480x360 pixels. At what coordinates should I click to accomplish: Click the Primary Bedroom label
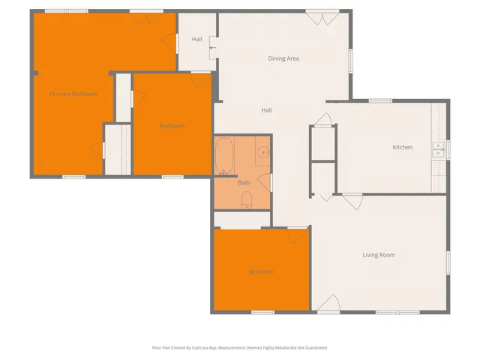pos(73,94)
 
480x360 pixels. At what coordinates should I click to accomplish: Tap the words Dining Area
pos(283,58)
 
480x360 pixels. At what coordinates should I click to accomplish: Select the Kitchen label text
pos(402,147)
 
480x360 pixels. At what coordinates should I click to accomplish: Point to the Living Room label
pos(378,255)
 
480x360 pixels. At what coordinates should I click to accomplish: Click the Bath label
pos(244,183)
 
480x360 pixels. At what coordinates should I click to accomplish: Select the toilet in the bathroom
pos(247,199)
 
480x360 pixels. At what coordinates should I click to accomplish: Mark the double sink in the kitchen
pos(437,152)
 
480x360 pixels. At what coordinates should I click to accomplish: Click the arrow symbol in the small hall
pos(212,48)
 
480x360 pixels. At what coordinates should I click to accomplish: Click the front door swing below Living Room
pos(328,303)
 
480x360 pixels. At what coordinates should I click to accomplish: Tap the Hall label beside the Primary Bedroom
pos(196,39)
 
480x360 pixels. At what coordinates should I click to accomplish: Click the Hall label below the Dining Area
pos(266,110)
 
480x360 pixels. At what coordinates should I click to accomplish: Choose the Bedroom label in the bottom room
pos(261,271)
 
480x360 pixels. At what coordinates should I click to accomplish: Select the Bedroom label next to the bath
pos(172,126)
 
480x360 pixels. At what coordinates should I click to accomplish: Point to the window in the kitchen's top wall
pos(379,100)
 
